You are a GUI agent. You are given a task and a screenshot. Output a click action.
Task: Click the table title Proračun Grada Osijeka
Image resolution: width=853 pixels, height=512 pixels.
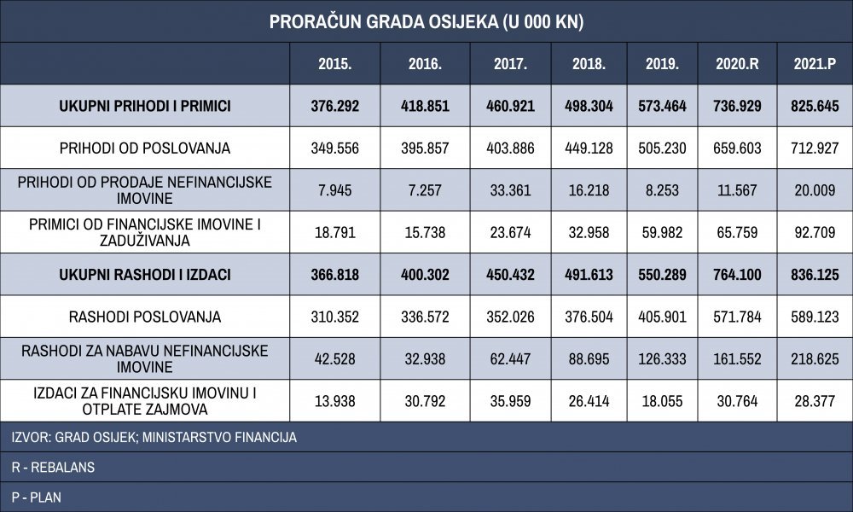(426, 22)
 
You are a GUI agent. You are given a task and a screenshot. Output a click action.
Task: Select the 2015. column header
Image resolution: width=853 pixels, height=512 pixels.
(335, 64)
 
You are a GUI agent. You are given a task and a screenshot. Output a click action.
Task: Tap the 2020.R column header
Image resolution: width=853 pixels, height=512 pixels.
(737, 64)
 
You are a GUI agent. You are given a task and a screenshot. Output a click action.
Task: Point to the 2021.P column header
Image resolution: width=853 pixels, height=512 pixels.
(815, 64)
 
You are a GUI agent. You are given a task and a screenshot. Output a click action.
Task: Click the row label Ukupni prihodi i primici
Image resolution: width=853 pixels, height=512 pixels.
(145, 106)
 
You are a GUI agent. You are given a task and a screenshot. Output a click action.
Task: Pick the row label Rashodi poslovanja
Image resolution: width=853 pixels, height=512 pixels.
(145, 317)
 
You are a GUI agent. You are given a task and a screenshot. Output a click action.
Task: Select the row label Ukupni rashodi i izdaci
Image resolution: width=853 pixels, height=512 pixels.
(145, 274)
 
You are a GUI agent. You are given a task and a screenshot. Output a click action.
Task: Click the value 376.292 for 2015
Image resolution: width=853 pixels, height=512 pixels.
(335, 106)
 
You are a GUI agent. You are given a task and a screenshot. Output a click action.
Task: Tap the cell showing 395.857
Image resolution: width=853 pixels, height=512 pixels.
(425, 148)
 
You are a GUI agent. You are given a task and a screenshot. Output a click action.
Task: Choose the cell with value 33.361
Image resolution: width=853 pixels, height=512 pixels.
(510, 190)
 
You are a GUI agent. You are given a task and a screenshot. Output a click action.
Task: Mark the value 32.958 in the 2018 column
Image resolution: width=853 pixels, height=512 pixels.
(589, 232)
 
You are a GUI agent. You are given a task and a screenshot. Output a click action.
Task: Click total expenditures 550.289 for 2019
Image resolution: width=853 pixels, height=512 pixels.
(662, 274)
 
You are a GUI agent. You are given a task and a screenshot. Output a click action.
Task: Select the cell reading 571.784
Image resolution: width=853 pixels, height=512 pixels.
(737, 317)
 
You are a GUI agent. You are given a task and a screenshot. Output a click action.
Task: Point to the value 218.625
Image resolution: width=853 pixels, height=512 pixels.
(815, 359)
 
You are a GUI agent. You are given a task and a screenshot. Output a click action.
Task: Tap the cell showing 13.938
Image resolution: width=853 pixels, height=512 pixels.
(335, 401)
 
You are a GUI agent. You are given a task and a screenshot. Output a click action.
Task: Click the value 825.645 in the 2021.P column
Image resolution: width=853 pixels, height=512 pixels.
(815, 106)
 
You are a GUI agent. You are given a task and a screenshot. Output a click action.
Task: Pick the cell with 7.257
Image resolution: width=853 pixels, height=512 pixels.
(425, 190)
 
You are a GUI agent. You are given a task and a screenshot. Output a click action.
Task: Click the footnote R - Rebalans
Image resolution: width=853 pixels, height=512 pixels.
(53, 468)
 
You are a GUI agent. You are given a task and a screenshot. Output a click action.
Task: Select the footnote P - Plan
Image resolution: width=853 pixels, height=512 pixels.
(36, 497)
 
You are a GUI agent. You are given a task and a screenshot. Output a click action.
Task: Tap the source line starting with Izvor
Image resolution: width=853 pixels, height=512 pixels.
(154, 438)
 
